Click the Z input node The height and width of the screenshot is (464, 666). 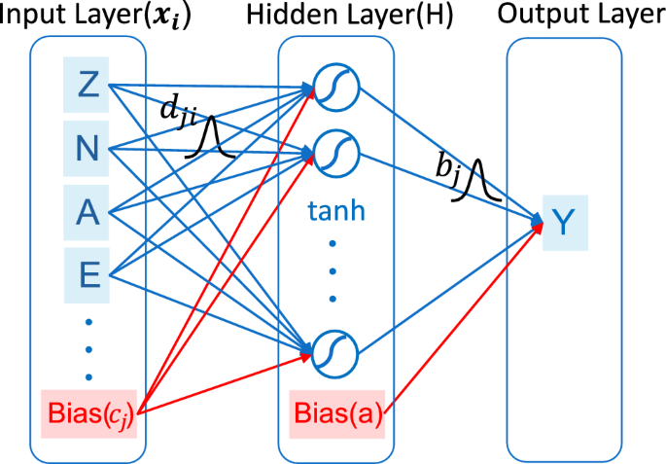pyautogui.click(x=88, y=85)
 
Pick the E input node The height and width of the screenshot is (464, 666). pyautogui.click(x=88, y=275)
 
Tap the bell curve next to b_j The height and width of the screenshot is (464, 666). pyautogui.click(x=478, y=182)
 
